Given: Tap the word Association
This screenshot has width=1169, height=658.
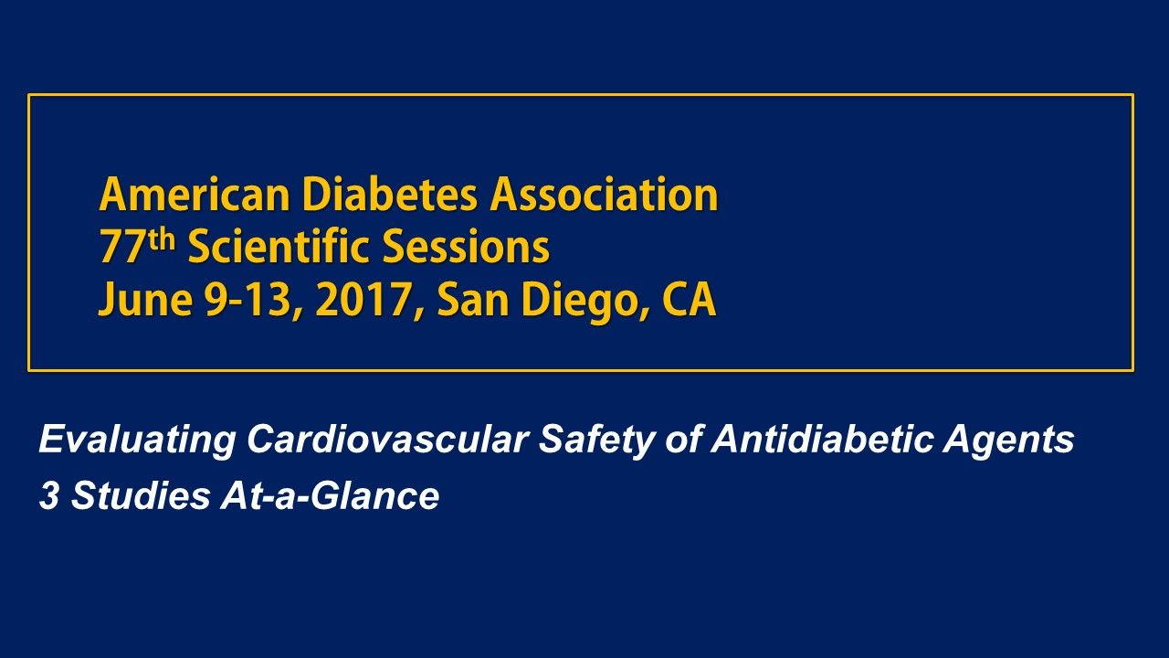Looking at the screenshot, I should (x=604, y=195).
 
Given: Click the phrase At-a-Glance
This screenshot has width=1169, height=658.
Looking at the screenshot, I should (x=330, y=496).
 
